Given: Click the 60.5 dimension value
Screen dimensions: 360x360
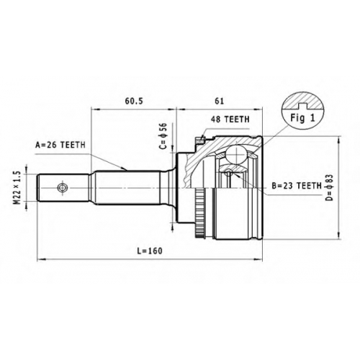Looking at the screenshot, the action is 134,101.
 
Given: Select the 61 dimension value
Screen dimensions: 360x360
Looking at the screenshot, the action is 219,101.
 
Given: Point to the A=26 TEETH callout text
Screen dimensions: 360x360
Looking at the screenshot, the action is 60,145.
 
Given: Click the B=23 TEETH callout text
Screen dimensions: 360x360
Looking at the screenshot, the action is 297,186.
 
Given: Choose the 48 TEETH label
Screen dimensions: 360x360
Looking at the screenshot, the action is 230,120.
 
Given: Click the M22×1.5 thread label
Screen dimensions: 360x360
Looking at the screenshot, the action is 17,188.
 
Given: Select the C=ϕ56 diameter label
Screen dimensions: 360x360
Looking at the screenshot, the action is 163,136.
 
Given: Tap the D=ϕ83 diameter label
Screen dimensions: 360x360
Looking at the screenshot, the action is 330,188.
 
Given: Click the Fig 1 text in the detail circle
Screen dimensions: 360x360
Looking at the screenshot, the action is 302,118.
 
